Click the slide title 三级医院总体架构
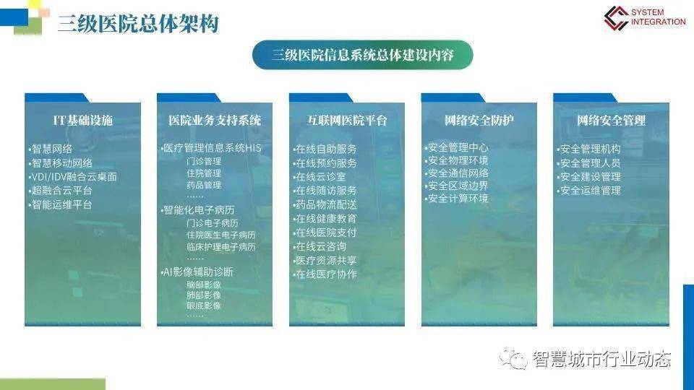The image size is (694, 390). point(138,24)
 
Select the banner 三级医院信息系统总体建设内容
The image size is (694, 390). point(362,55)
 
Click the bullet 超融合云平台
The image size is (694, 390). point(61,191)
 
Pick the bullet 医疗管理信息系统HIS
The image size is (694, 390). point(213,149)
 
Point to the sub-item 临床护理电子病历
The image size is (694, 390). point(220,247)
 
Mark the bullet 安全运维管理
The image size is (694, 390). point(590,191)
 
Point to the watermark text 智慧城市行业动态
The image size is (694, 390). point(601,359)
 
